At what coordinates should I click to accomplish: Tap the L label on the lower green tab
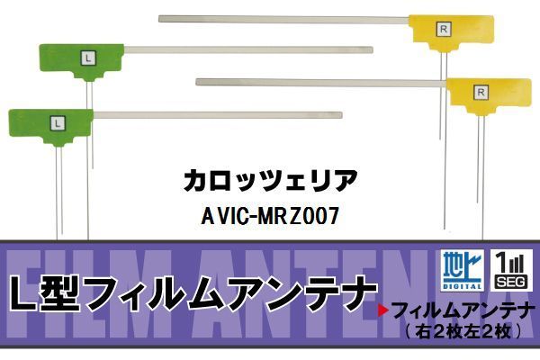(x=57, y=120)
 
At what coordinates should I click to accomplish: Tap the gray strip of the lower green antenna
(x=217, y=114)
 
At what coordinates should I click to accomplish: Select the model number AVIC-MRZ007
(x=270, y=217)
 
